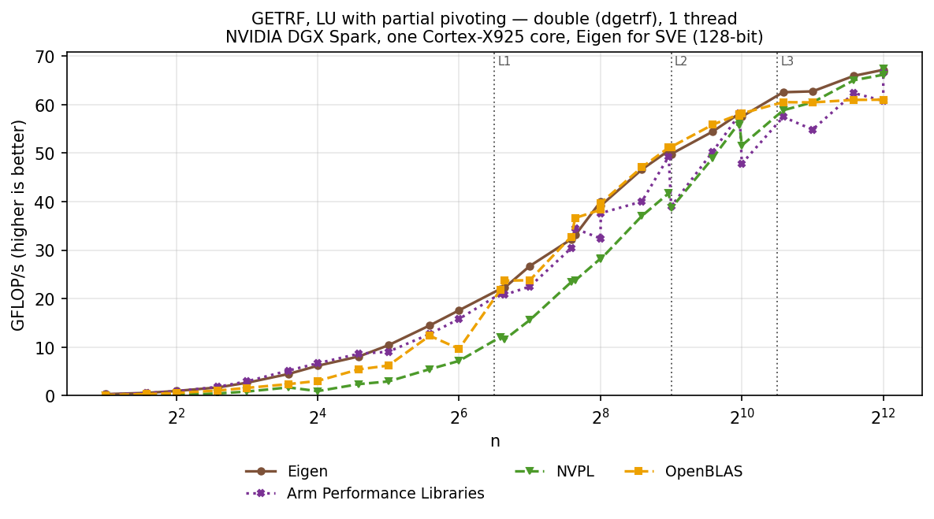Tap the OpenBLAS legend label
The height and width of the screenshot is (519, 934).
(x=704, y=472)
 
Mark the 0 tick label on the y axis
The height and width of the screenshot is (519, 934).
(x=50, y=396)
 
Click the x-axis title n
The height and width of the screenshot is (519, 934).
(x=495, y=441)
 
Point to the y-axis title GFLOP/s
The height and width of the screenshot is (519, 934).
(x=18, y=225)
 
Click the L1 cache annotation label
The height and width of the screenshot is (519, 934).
(x=504, y=61)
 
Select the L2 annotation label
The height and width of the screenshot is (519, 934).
(x=681, y=61)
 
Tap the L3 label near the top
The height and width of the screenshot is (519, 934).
(x=787, y=61)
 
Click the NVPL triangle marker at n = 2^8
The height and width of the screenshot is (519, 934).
(x=600, y=260)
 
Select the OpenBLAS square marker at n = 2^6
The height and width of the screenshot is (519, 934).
(x=459, y=349)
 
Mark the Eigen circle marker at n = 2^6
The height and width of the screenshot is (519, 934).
(x=459, y=310)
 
